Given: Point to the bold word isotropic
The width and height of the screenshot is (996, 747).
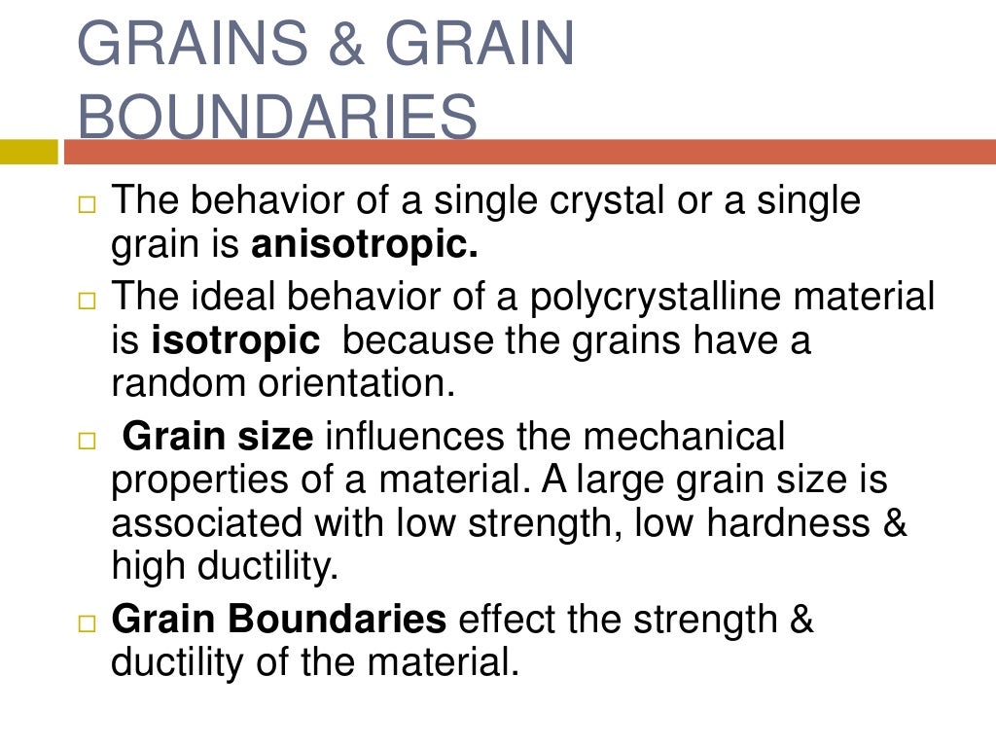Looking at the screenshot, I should click(x=236, y=341).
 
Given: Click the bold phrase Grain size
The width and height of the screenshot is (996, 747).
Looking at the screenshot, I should click(x=219, y=437).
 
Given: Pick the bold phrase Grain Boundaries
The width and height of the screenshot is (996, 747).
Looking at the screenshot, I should click(x=279, y=619).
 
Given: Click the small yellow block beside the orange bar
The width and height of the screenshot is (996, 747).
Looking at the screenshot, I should click(x=29, y=152).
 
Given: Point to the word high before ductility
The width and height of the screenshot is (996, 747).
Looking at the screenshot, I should click(x=151, y=566).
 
